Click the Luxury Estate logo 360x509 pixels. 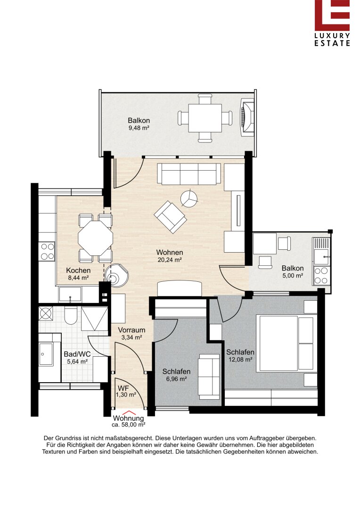click(x=332, y=23)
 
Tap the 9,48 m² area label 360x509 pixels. click(x=139, y=128)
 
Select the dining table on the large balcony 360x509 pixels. click(x=205, y=117)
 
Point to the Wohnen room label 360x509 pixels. click(x=170, y=252)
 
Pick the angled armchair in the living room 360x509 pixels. click(x=170, y=217)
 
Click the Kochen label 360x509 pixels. click(x=78, y=271)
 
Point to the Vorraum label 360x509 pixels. click(x=131, y=330)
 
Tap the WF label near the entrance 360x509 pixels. click(x=123, y=388)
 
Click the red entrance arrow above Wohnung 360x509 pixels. click(x=129, y=413)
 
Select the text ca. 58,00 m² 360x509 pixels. click(x=128, y=425)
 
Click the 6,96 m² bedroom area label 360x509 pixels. click(x=176, y=379)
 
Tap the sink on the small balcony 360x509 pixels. click(x=321, y=256)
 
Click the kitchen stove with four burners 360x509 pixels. click(x=47, y=252)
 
